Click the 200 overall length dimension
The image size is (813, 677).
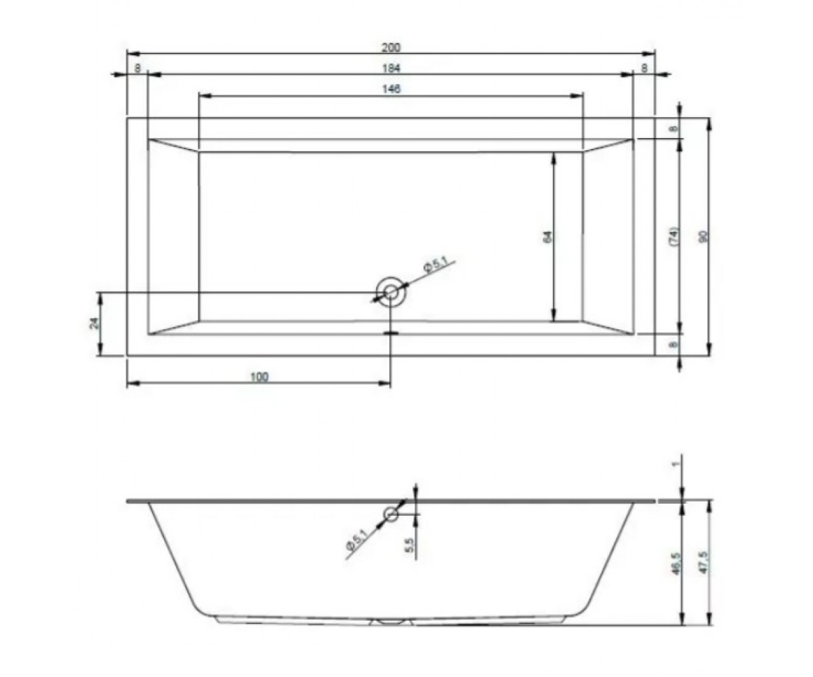391,47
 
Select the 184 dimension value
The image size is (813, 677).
391,68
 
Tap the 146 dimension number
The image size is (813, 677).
391,89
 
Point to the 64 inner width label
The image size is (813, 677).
547,237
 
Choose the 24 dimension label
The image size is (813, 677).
95,323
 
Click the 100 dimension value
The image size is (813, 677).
259,376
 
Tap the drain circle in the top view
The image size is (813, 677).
391,292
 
